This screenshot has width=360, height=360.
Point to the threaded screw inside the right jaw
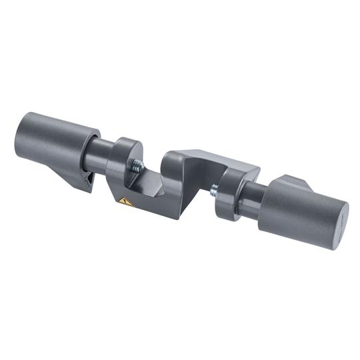point(215,191)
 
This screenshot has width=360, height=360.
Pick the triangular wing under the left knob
point(81,179)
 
